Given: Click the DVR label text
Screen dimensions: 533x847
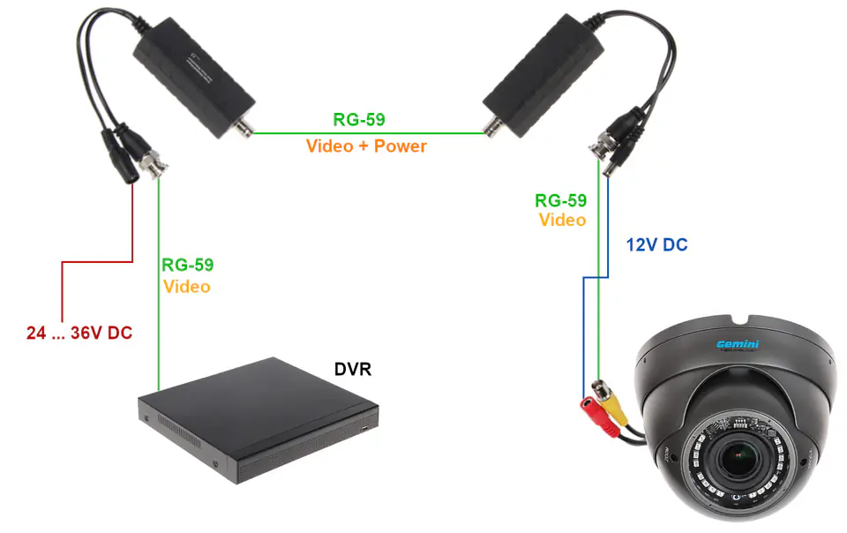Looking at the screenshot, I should click(x=353, y=368).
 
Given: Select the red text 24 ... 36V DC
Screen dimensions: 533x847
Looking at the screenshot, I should click(x=79, y=334).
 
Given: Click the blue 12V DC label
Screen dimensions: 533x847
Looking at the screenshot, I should click(x=656, y=245).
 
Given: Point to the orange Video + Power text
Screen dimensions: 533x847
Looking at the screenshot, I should click(x=366, y=146).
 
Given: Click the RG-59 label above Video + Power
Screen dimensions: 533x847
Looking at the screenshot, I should click(x=358, y=120).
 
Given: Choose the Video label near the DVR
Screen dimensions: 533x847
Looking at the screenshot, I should click(x=187, y=286).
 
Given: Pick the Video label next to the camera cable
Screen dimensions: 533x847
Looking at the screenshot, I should click(x=562, y=220).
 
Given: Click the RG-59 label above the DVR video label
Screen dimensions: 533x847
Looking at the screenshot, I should click(x=187, y=265).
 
